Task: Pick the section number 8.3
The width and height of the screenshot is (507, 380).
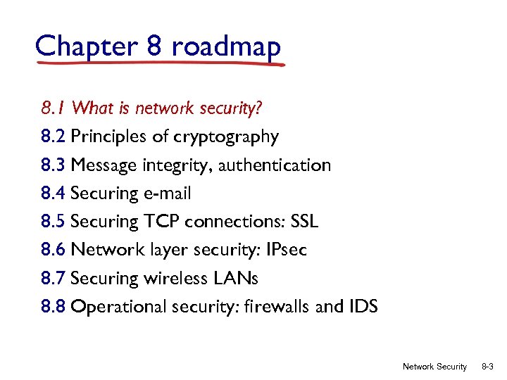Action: (x=54, y=165)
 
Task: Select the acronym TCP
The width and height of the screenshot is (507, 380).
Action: (x=163, y=221)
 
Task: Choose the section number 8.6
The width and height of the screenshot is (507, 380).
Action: (x=54, y=250)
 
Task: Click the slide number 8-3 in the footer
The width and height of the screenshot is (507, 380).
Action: (x=487, y=367)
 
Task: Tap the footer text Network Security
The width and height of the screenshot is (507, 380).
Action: (x=434, y=367)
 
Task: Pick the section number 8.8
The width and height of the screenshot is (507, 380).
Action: (x=54, y=306)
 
